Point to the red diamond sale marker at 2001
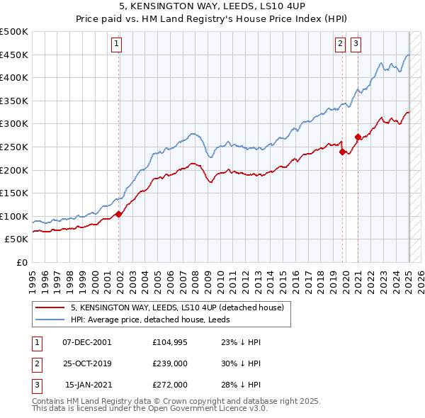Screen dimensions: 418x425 click(x=119, y=214)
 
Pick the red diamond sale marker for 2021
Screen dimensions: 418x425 click(x=358, y=137)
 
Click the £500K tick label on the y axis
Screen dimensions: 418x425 click(x=14, y=32)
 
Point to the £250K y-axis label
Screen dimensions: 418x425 click(x=14, y=147)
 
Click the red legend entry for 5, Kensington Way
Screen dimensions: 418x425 click(x=177, y=307)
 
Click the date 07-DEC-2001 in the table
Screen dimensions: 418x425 click(x=86, y=341)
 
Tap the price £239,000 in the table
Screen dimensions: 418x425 click(x=170, y=363)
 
